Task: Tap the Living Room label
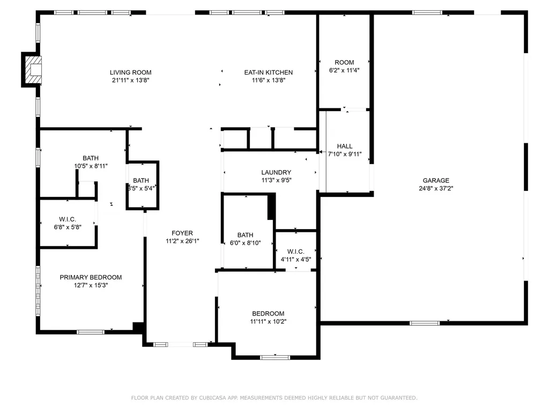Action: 130,72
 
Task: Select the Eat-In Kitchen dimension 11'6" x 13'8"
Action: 268,80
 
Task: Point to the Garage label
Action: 435,181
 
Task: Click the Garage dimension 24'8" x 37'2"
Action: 435,188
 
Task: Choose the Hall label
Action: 345,146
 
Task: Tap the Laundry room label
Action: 276,172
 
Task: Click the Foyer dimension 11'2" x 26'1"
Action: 182,241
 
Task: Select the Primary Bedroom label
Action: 91,277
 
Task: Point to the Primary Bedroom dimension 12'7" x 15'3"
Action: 91,285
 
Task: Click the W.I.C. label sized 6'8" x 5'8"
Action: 68,219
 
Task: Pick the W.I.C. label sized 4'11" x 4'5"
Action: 295,252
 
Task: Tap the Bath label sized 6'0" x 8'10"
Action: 246,235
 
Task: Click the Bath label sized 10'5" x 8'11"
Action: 91,158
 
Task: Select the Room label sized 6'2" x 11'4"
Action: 344,62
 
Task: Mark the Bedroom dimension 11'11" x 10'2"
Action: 268,322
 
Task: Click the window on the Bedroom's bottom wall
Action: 275,357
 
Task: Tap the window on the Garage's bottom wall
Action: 425,323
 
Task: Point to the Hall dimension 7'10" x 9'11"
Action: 345,154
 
